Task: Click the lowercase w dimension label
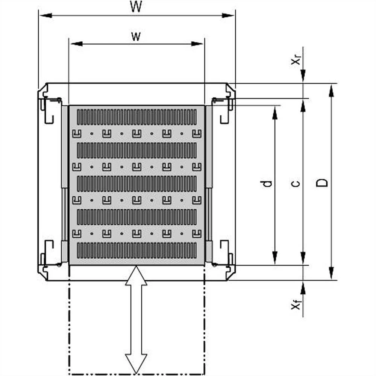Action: tap(136, 36)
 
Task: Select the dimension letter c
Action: tap(296, 183)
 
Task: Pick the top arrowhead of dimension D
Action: tap(331, 91)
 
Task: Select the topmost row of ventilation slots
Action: tap(137, 117)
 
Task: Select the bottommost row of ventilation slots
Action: tap(137, 250)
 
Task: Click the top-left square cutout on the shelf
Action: tap(77, 133)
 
